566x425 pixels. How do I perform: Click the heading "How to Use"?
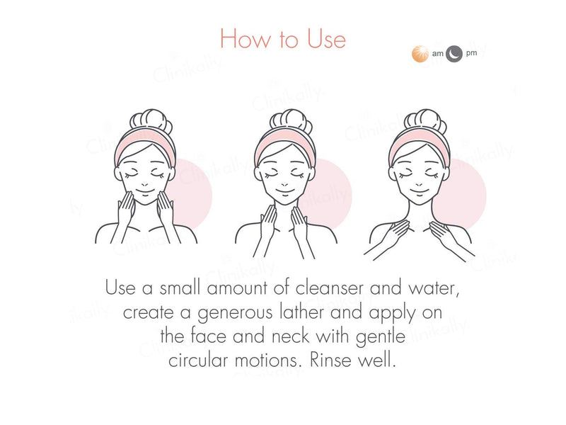point(283,38)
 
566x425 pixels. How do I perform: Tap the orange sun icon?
point(421,54)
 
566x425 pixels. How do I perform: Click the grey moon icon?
point(454,54)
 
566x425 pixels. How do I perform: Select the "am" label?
point(437,54)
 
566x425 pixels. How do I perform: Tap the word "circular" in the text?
point(201,359)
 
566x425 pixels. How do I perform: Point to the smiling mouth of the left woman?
point(144,191)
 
